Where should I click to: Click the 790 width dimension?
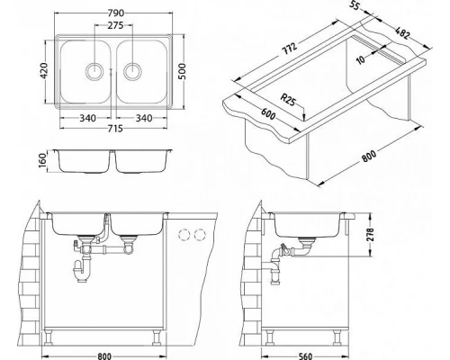tap(115, 13)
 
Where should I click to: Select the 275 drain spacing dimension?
tap(115, 25)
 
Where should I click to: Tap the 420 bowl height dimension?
tap(44, 71)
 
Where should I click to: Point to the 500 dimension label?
tap(182, 71)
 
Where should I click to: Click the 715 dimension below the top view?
tap(115, 129)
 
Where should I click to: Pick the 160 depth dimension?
tap(44, 161)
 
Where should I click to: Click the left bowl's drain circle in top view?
tap(94, 72)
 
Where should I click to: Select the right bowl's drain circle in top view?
tap(132, 72)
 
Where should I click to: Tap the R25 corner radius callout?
tap(287, 100)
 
